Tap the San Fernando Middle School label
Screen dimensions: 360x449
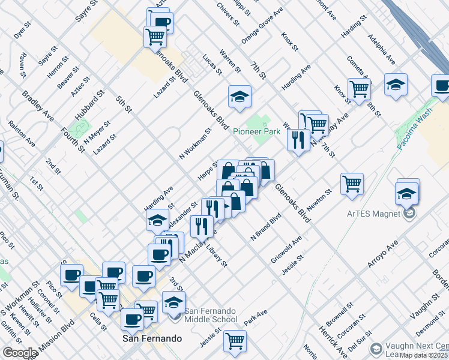(210, 315)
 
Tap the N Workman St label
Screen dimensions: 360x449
(196, 143)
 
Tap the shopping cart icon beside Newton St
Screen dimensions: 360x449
(352, 182)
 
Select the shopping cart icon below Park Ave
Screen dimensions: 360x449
(235, 340)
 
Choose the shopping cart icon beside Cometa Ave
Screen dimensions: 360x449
(359, 88)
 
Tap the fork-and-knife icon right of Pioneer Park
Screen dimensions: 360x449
(298, 139)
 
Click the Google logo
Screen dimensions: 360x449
(19, 353)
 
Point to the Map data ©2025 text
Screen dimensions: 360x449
(424, 355)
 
